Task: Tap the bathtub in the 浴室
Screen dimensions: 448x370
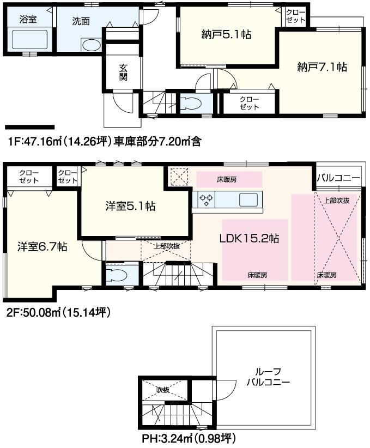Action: click(29, 39)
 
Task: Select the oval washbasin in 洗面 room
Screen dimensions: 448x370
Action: click(90, 44)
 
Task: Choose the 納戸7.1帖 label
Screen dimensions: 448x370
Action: click(322, 67)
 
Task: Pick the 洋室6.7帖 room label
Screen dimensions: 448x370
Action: click(42, 247)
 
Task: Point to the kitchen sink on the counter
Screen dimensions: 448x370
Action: click(248, 199)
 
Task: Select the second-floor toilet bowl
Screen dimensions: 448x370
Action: click(116, 274)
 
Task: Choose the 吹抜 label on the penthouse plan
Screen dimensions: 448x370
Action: click(163, 390)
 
